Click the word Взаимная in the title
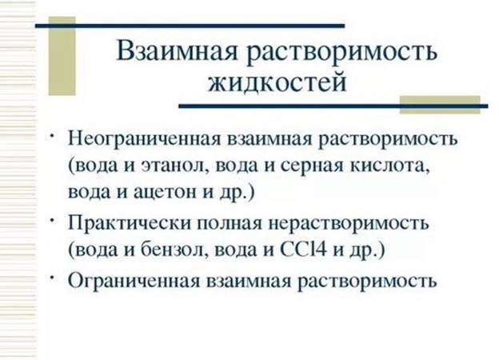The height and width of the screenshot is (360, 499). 177,51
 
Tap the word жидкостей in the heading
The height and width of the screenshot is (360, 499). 277,82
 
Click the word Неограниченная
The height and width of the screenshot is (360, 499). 144,139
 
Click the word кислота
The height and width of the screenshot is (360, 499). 390,166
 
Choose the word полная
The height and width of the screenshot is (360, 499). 230,224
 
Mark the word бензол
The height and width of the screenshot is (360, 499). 172,250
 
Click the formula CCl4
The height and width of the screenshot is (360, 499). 303,250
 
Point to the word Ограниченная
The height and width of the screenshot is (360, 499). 134,281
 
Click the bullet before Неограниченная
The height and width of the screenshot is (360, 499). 51,136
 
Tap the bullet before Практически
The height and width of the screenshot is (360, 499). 51,220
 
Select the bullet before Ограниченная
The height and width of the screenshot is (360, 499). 51,277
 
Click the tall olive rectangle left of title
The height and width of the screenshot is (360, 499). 62,56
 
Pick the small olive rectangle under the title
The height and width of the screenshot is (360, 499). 440,105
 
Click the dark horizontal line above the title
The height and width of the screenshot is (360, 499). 190,26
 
